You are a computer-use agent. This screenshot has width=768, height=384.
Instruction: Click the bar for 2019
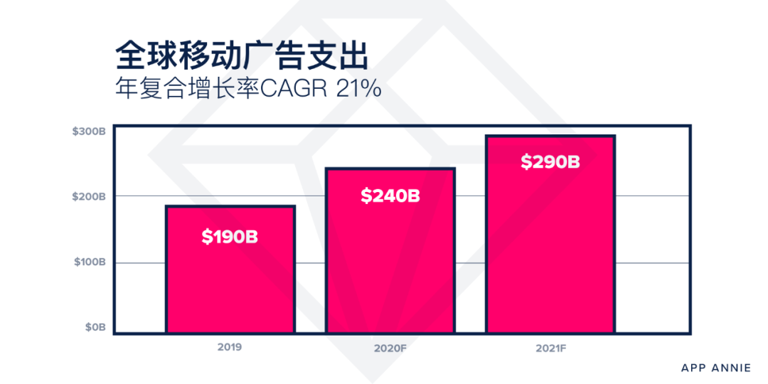click(x=230, y=284)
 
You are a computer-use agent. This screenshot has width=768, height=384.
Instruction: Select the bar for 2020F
click(x=390, y=270)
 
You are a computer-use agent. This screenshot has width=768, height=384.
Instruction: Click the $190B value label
click(x=230, y=237)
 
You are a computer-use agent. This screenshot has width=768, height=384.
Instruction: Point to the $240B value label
click(x=390, y=196)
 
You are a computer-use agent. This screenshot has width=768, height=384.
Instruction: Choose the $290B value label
click(x=550, y=161)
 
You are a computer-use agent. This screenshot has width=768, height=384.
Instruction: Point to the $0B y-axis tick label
click(x=95, y=327)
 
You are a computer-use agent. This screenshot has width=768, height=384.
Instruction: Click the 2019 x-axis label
click(x=230, y=348)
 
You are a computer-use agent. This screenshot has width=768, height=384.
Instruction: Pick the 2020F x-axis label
click(x=390, y=348)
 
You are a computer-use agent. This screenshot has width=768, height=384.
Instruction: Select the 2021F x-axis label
click(x=550, y=348)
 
